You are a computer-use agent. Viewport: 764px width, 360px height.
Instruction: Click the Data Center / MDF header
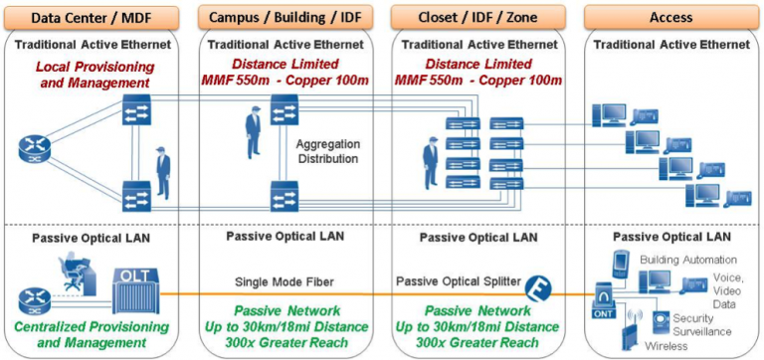click(x=94, y=17)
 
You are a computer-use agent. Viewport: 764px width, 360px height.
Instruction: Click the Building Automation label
click(x=677, y=258)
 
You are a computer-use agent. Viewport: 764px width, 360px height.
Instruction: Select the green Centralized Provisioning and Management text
click(x=95, y=333)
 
